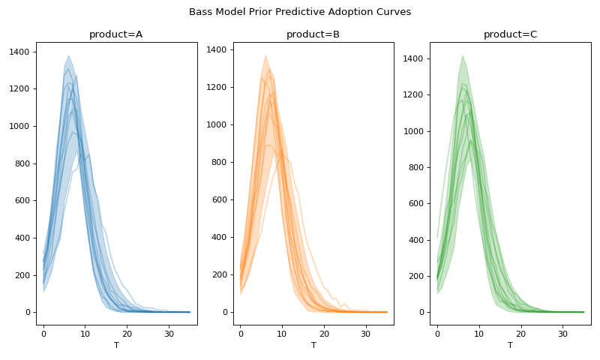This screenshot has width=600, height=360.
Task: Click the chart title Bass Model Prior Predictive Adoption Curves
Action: (x=300, y=12)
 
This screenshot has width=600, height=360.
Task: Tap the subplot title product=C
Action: (x=510, y=34)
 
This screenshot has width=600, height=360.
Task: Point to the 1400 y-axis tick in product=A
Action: (x=20, y=52)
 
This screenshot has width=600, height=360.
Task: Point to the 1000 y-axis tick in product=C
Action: (x=414, y=131)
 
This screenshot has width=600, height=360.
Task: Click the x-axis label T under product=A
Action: (x=116, y=346)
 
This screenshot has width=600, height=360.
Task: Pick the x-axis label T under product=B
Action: (x=313, y=346)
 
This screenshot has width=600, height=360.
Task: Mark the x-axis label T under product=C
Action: (x=510, y=346)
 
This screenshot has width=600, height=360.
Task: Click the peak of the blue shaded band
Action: (x=68, y=56)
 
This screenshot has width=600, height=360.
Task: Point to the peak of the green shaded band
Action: (x=463, y=55)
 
